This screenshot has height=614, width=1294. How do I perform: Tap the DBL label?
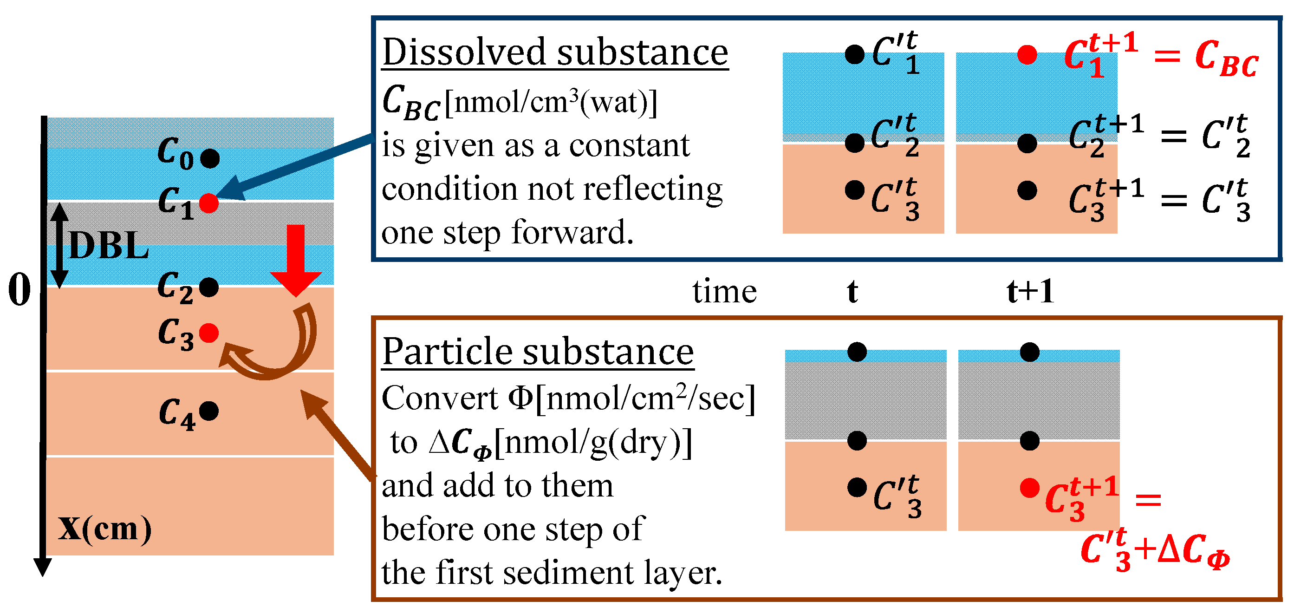pyautogui.click(x=109, y=246)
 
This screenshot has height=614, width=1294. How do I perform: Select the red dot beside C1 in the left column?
pyautogui.click(x=209, y=203)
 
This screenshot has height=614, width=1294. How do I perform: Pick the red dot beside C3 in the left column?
pyautogui.click(x=209, y=333)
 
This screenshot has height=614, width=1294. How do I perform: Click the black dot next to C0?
pyautogui.click(x=210, y=158)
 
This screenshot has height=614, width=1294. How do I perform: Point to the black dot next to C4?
pyautogui.click(x=209, y=411)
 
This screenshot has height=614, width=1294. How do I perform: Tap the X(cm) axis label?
pyautogui.click(x=104, y=529)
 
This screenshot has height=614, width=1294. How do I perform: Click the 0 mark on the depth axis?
pyautogui.click(x=19, y=290)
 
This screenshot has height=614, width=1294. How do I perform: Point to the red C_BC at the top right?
pyautogui.click(x=1226, y=59)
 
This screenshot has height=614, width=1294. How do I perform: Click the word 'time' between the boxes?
pyautogui.click(x=724, y=291)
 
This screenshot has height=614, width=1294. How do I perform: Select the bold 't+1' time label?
pyautogui.click(x=1030, y=291)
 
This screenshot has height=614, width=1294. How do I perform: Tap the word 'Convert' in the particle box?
pyautogui.click(x=440, y=399)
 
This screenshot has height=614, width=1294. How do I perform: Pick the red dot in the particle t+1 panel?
pyautogui.click(x=1029, y=488)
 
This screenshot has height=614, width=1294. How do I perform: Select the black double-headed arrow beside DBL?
pyautogui.click(x=60, y=245)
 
